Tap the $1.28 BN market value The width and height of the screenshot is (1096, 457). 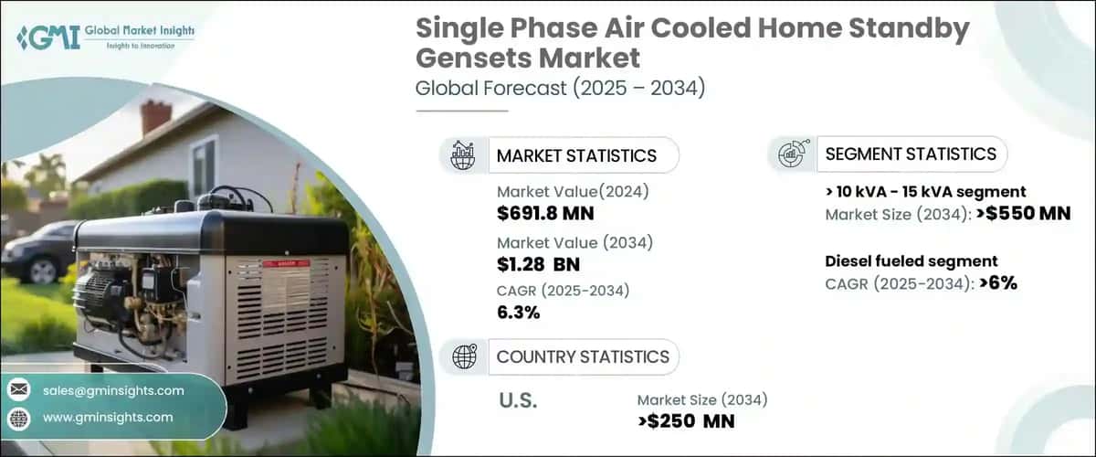tap(538, 264)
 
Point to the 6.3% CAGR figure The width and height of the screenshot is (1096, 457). tap(518, 313)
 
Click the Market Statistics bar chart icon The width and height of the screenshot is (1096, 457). tap(463, 155)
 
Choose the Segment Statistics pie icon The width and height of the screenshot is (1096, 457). tap(792, 154)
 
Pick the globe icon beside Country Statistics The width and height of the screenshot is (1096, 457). tap(463, 356)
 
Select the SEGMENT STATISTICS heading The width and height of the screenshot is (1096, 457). tap(911, 154)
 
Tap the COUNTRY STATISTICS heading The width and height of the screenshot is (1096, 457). tap(583, 356)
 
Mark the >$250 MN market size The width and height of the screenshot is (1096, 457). tap(686, 420)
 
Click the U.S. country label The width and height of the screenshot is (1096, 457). tap(520, 401)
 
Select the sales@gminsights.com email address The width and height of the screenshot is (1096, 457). tap(113, 390)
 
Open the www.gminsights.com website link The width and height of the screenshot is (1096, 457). tap(108, 417)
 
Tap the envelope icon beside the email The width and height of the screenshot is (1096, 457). tap(18, 390)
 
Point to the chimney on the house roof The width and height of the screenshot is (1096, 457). tap(155, 117)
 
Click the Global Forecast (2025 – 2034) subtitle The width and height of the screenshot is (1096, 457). tap(560, 89)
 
